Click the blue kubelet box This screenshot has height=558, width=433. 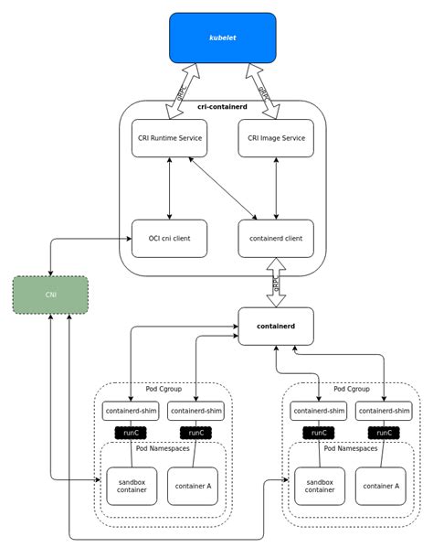(x=222, y=38)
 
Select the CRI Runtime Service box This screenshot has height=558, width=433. (x=169, y=138)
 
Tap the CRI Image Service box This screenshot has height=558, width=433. (x=276, y=138)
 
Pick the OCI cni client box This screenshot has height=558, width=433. (x=169, y=238)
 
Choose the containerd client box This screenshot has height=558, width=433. (x=276, y=238)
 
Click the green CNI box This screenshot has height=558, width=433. (x=50, y=295)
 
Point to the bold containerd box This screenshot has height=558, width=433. (x=276, y=326)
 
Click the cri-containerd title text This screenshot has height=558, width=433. (x=222, y=107)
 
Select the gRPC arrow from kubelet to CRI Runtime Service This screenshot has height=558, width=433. (x=182, y=91)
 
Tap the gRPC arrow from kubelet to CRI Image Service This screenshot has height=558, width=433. (x=263, y=91)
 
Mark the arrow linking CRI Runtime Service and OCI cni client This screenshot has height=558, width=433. (x=169, y=188)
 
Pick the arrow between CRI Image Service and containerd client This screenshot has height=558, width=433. (x=276, y=188)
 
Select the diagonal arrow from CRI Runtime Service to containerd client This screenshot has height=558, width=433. (x=222, y=188)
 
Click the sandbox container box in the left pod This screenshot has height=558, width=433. (x=132, y=486)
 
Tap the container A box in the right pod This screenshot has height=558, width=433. (x=381, y=486)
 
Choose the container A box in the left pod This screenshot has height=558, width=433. (x=193, y=486)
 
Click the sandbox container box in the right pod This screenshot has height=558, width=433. (x=320, y=486)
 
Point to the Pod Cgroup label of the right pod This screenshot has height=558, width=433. (x=352, y=389)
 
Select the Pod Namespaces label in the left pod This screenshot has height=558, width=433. (x=163, y=448)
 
